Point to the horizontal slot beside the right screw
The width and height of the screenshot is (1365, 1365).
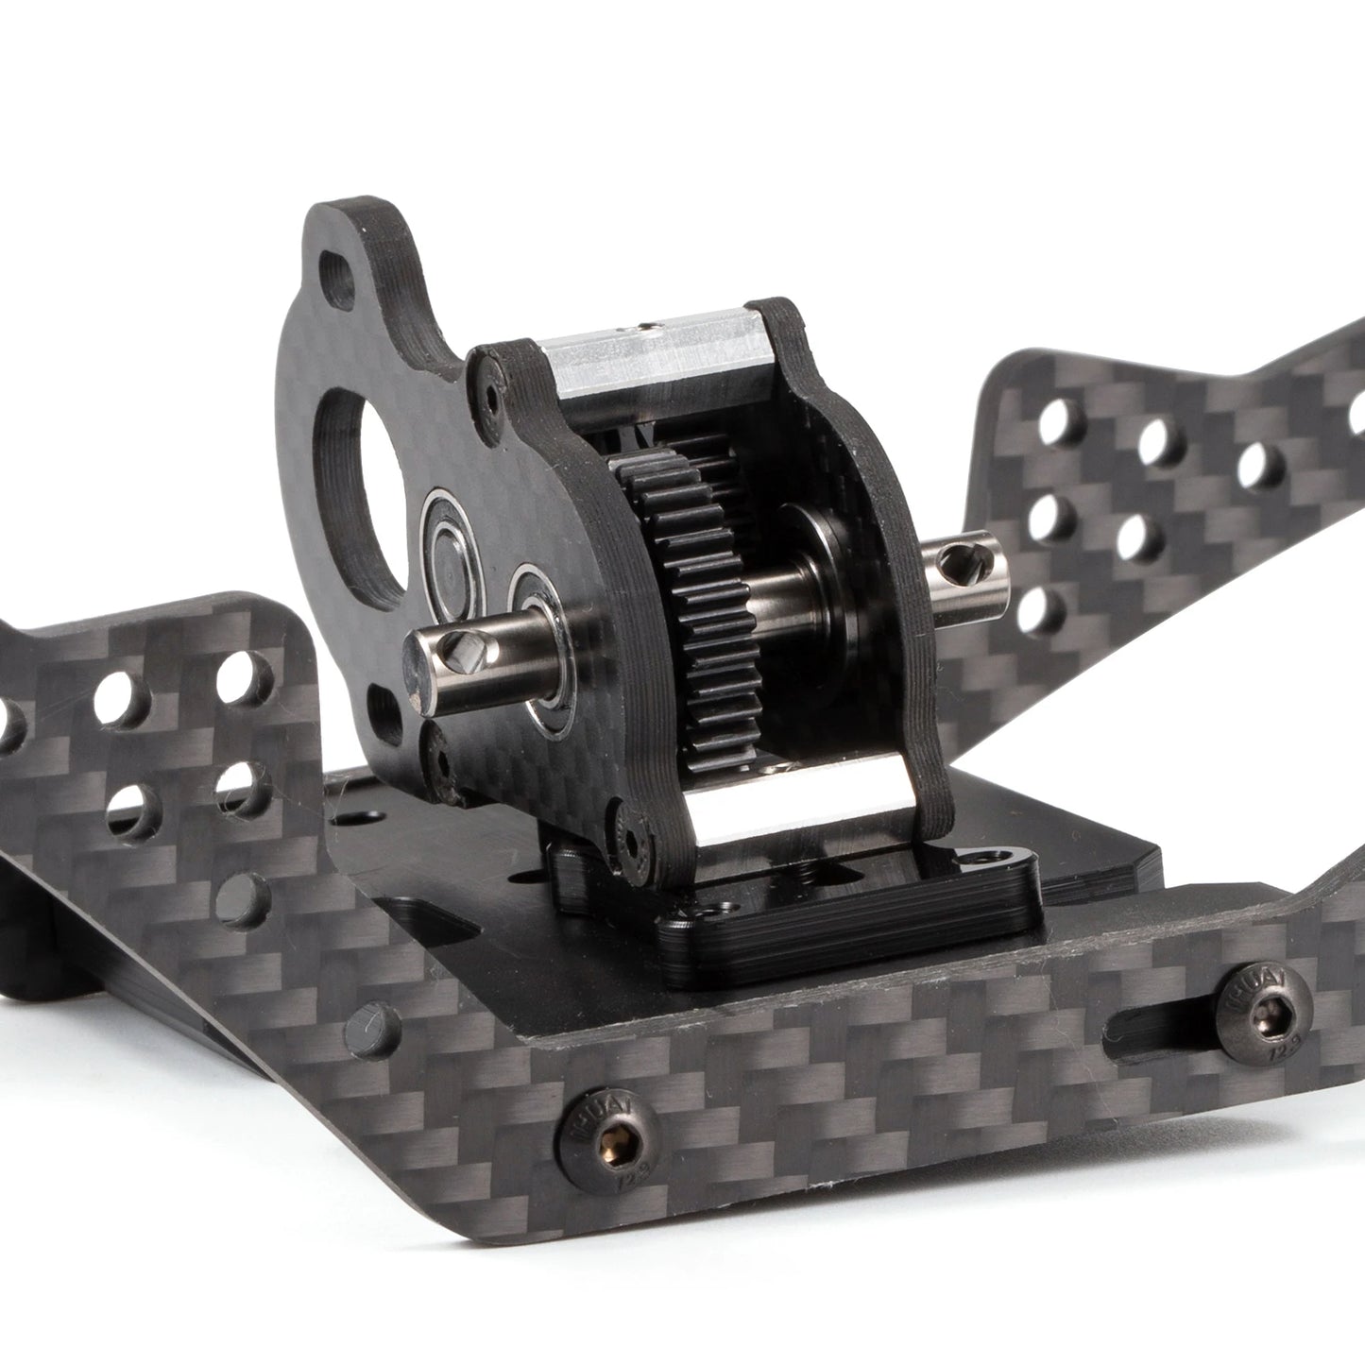point(1152,1021)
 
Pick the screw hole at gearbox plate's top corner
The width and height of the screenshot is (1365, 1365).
point(488,386)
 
